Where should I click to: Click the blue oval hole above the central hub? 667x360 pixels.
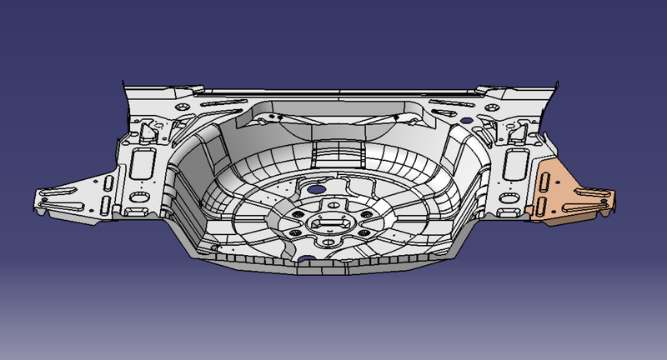316,189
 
